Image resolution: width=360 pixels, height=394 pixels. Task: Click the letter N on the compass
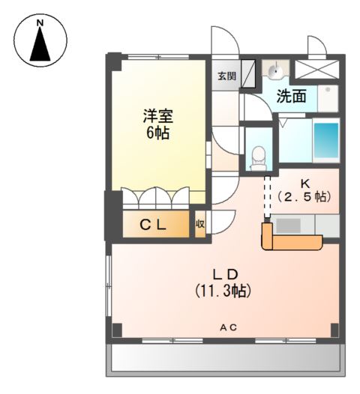pyautogui.click(x=40, y=23)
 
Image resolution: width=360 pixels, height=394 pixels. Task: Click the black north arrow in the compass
pyautogui.click(x=40, y=44)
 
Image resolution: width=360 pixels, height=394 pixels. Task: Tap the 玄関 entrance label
pyautogui.click(x=227, y=76)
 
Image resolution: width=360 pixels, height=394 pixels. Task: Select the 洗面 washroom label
pyautogui.click(x=291, y=96)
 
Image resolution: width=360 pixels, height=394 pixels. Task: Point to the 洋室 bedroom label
pyautogui.click(x=158, y=116)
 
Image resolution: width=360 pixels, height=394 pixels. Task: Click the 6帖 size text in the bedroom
pyautogui.click(x=158, y=133)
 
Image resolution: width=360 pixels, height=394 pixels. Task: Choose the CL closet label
pyautogui.click(x=153, y=225)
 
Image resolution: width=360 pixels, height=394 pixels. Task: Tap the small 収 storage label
pyautogui.click(x=200, y=224)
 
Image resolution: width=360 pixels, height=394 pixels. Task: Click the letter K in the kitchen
pyautogui.click(x=305, y=184)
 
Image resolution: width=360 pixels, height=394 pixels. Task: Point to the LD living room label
pyautogui.click(x=226, y=274)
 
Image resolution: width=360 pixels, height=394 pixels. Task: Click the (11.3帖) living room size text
pyautogui.click(x=223, y=291)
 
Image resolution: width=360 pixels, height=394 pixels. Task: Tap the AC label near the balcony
pyautogui.click(x=229, y=327)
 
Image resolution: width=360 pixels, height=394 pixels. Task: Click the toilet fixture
pyautogui.click(x=258, y=159)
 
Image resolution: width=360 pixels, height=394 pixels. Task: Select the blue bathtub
pyautogui.click(x=326, y=140)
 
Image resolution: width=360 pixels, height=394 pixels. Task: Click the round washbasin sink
pyautogui.click(x=276, y=70)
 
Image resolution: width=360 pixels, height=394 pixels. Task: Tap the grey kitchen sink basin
pyautogui.click(x=288, y=225)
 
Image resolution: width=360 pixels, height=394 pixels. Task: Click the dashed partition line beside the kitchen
pyautogui.click(x=267, y=196)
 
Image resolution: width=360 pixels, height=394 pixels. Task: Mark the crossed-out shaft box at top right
pyautogui.click(x=316, y=69)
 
